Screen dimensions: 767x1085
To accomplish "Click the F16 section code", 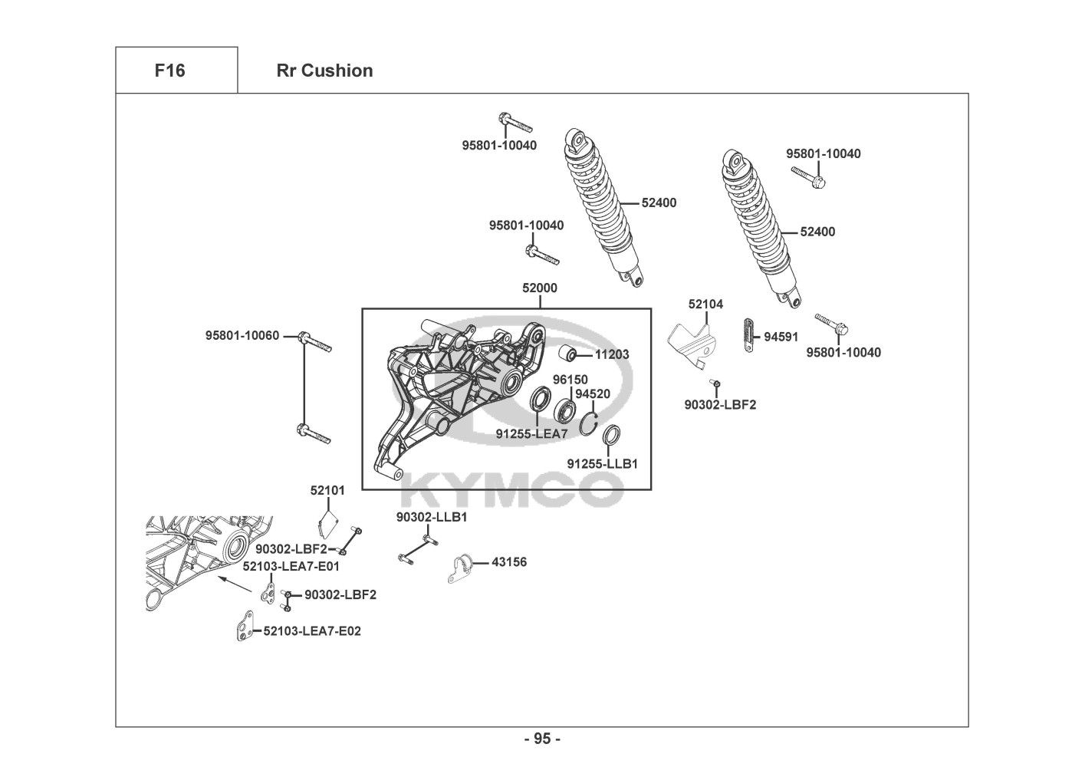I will (x=169, y=71).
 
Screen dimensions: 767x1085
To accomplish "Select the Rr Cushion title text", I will (x=324, y=71).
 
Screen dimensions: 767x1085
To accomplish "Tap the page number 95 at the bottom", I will (x=542, y=739).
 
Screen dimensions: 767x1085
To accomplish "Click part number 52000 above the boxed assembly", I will (x=540, y=288).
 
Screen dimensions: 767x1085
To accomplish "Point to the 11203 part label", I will (x=612, y=354).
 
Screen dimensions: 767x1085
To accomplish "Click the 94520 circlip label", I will (x=593, y=394).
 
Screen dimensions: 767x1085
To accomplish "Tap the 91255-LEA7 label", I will (x=531, y=434).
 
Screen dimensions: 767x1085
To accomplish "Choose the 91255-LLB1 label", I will (x=603, y=464).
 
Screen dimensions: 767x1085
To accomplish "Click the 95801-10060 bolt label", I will (x=242, y=336).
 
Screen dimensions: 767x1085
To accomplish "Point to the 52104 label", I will (x=705, y=304).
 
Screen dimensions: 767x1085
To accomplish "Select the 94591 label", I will (x=781, y=337).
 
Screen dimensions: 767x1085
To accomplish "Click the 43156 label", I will (x=508, y=562).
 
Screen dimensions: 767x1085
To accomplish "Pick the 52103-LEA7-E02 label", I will (x=311, y=631).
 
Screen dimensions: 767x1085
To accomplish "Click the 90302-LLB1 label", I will (x=432, y=518).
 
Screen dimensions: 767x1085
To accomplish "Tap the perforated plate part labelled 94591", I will (x=749, y=334).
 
